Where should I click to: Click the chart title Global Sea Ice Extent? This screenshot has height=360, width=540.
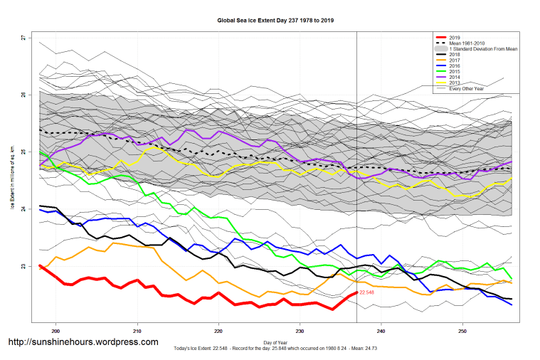(x=276, y=21)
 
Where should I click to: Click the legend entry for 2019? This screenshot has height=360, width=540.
(x=456, y=37)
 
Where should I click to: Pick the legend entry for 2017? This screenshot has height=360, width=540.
(x=456, y=60)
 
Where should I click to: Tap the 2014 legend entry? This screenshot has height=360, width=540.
(x=456, y=77)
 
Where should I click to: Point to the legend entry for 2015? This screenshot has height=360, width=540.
(x=456, y=71)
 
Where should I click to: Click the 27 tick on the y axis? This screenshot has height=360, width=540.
(x=23, y=37)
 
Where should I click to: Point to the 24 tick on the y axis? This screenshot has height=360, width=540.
(x=23, y=209)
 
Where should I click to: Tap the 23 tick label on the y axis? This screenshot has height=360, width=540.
(x=23, y=267)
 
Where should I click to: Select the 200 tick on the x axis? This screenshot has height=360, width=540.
(x=55, y=331)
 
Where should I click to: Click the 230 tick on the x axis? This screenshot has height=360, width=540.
(x=300, y=331)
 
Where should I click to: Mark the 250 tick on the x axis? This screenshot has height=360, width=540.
(x=463, y=331)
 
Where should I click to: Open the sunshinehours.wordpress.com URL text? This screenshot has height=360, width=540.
(x=83, y=342)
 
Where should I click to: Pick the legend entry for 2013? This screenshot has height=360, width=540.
(x=456, y=83)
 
